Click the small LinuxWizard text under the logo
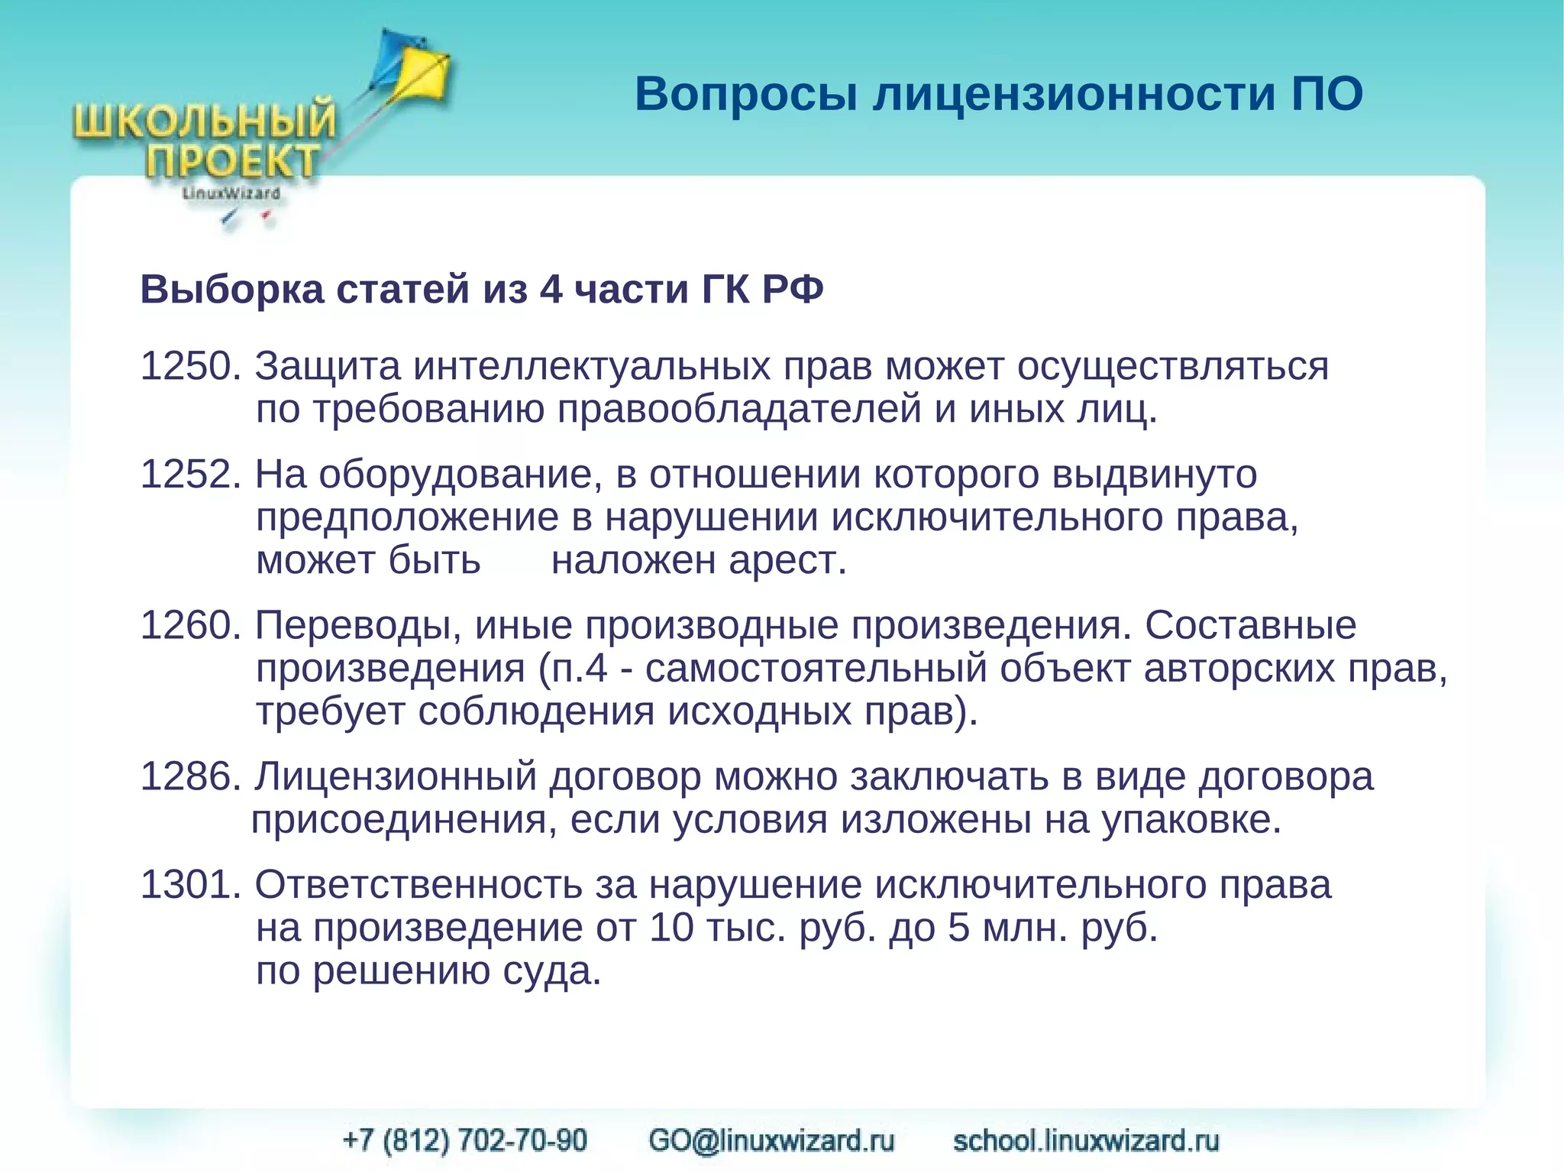231,193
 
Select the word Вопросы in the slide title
746,95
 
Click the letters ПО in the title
1327,95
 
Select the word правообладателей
738,410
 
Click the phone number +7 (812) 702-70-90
465,1140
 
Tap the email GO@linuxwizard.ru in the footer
771,1140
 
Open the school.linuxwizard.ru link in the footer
1086,1140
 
